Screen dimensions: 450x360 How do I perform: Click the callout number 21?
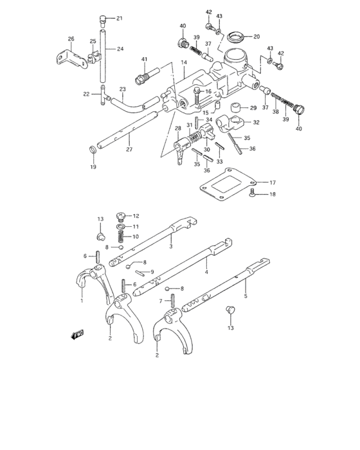point(119,18)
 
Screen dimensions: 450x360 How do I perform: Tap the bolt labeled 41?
point(143,78)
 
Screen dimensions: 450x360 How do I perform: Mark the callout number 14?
point(183,62)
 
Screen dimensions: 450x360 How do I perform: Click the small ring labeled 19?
point(93,151)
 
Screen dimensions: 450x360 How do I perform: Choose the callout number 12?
point(136,216)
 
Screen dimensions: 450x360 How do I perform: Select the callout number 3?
point(170,246)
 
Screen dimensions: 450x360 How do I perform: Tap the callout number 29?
point(253,108)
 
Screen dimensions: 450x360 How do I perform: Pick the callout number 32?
point(256,122)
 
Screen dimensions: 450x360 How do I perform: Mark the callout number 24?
point(120,48)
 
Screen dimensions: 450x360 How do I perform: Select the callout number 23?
point(122,90)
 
